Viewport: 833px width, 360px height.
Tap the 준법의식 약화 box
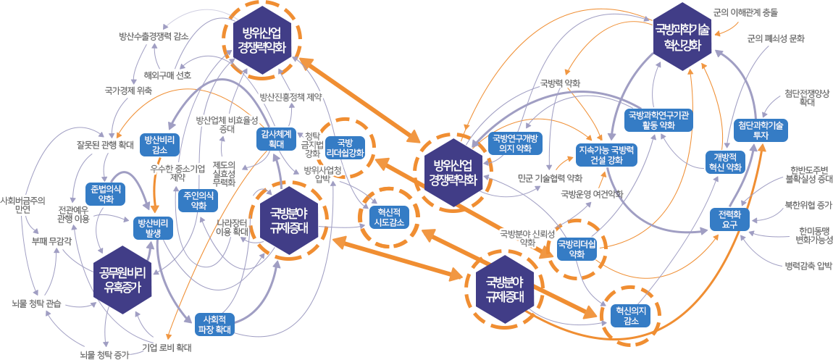106,193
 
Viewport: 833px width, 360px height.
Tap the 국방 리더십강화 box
346,147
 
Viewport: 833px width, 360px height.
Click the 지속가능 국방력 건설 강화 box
606,154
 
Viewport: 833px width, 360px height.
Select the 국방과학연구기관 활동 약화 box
659,120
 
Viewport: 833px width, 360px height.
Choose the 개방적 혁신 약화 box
724,162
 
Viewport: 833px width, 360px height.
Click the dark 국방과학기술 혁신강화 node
681,36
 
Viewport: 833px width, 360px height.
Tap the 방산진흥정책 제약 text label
290,96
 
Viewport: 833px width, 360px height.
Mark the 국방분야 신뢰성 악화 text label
527,238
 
